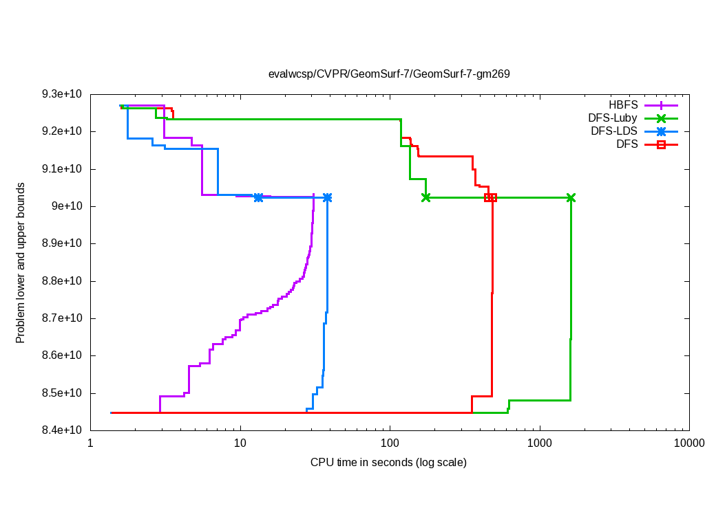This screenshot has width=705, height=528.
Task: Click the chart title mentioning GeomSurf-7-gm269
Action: click(389, 74)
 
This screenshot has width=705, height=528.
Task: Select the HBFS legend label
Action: click(624, 105)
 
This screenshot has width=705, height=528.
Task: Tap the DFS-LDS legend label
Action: click(614, 131)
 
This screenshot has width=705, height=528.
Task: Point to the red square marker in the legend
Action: click(661, 144)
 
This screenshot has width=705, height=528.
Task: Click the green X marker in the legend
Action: click(661, 118)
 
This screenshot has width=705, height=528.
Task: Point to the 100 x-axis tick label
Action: click(390, 443)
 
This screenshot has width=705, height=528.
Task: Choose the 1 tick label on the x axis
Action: click(90, 443)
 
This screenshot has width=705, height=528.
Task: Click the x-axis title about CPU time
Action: click(389, 462)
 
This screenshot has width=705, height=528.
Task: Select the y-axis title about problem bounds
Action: click(21, 263)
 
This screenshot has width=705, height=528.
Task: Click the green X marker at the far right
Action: click(571, 198)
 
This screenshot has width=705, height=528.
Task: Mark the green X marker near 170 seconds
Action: click(426, 198)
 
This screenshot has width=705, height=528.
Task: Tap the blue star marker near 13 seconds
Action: click(258, 198)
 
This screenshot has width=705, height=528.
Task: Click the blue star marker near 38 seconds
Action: click(327, 198)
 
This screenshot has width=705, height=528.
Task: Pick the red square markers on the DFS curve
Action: click(490, 198)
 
